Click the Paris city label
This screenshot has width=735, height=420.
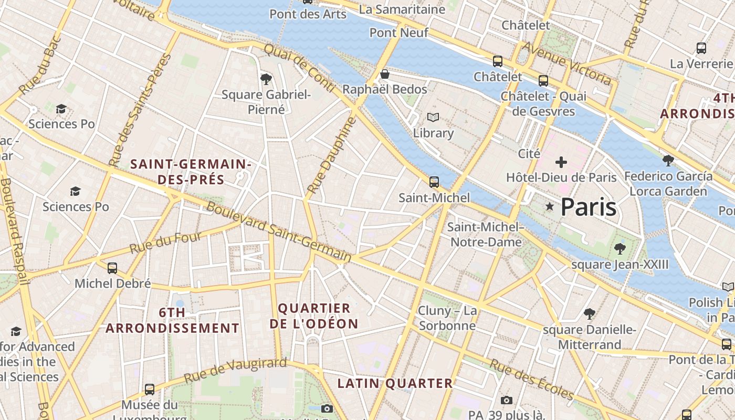click(x=589, y=207)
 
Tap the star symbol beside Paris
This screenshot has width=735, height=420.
click(x=550, y=207)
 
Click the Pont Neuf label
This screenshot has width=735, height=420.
click(x=399, y=33)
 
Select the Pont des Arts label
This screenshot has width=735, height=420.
click(x=308, y=14)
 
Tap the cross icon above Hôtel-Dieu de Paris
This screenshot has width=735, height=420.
click(x=561, y=162)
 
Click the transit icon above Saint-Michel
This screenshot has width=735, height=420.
click(x=434, y=182)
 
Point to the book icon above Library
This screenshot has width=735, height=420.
click(x=433, y=118)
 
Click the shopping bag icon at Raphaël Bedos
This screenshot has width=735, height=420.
click(x=385, y=74)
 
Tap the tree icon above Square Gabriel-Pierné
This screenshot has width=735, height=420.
click(x=266, y=79)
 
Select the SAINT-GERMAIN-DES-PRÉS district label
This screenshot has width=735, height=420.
click(x=191, y=172)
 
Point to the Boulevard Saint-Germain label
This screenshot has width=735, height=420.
click(x=279, y=232)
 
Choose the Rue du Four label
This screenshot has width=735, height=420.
click(x=166, y=243)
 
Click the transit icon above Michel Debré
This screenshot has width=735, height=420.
click(x=112, y=268)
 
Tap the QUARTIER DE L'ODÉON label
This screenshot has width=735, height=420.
click(x=314, y=316)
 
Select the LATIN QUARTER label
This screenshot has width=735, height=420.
click(x=395, y=383)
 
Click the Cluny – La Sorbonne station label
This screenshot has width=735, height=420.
click(x=447, y=318)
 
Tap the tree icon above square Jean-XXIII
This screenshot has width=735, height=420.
click(x=620, y=248)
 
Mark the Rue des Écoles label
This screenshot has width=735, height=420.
click(x=532, y=379)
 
